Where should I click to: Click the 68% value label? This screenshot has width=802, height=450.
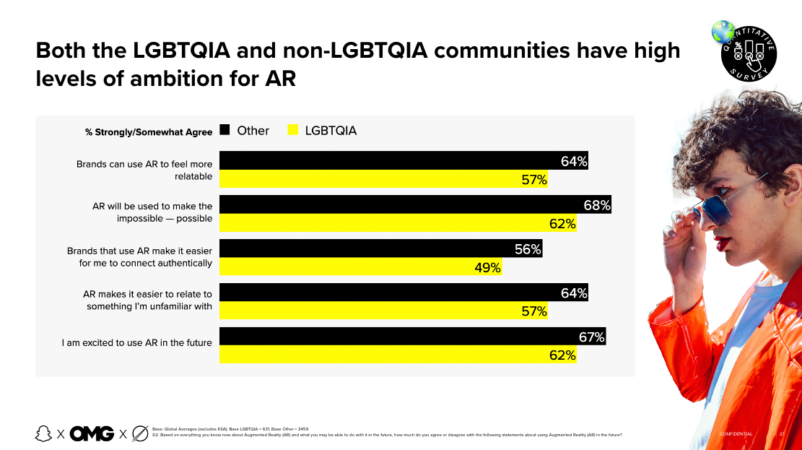point(597,205)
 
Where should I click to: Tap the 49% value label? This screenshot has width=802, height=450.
point(487,268)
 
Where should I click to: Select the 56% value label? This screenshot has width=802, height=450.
point(528,249)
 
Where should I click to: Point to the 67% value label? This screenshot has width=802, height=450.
point(591,337)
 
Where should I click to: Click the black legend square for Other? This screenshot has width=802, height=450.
point(225,131)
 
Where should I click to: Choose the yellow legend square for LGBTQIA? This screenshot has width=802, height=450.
point(293,131)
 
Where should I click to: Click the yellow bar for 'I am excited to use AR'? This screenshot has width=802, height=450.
point(397,355)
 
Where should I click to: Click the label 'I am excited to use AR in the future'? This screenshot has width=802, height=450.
point(137,342)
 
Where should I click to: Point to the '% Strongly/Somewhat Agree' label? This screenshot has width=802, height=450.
point(149,132)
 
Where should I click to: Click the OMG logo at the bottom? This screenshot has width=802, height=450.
point(92,433)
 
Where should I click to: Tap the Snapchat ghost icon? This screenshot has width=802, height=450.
point(44,433)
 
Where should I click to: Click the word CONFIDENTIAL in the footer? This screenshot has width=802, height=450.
point(736,434)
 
